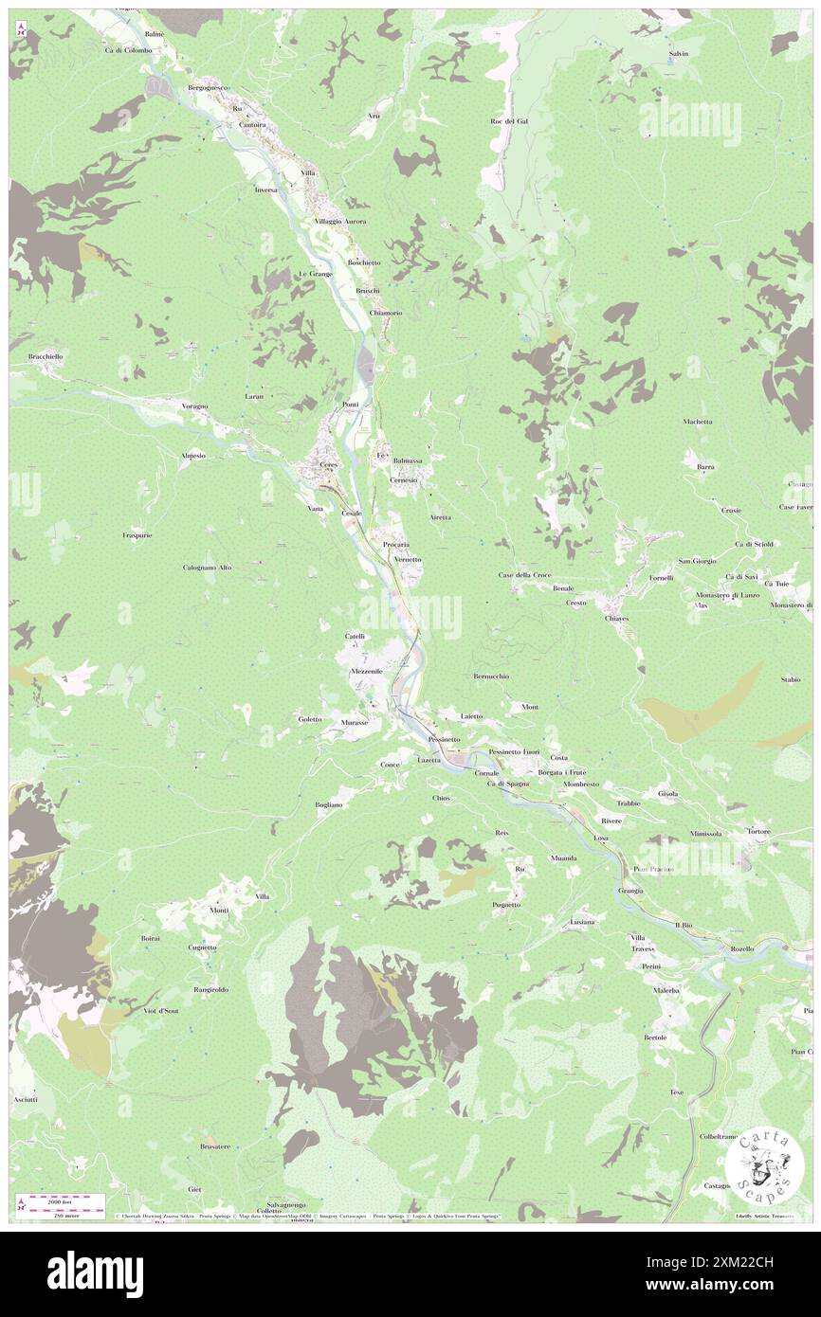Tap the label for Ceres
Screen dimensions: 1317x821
coord(329,465)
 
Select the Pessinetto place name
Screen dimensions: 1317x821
coord(444,739)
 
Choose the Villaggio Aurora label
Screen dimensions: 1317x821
coord(340,221)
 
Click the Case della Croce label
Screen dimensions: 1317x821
coord(524,575)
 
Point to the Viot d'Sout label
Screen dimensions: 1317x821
coord(156,1011)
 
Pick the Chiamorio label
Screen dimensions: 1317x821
coord(386,313)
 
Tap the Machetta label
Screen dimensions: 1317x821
coord(697,422)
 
